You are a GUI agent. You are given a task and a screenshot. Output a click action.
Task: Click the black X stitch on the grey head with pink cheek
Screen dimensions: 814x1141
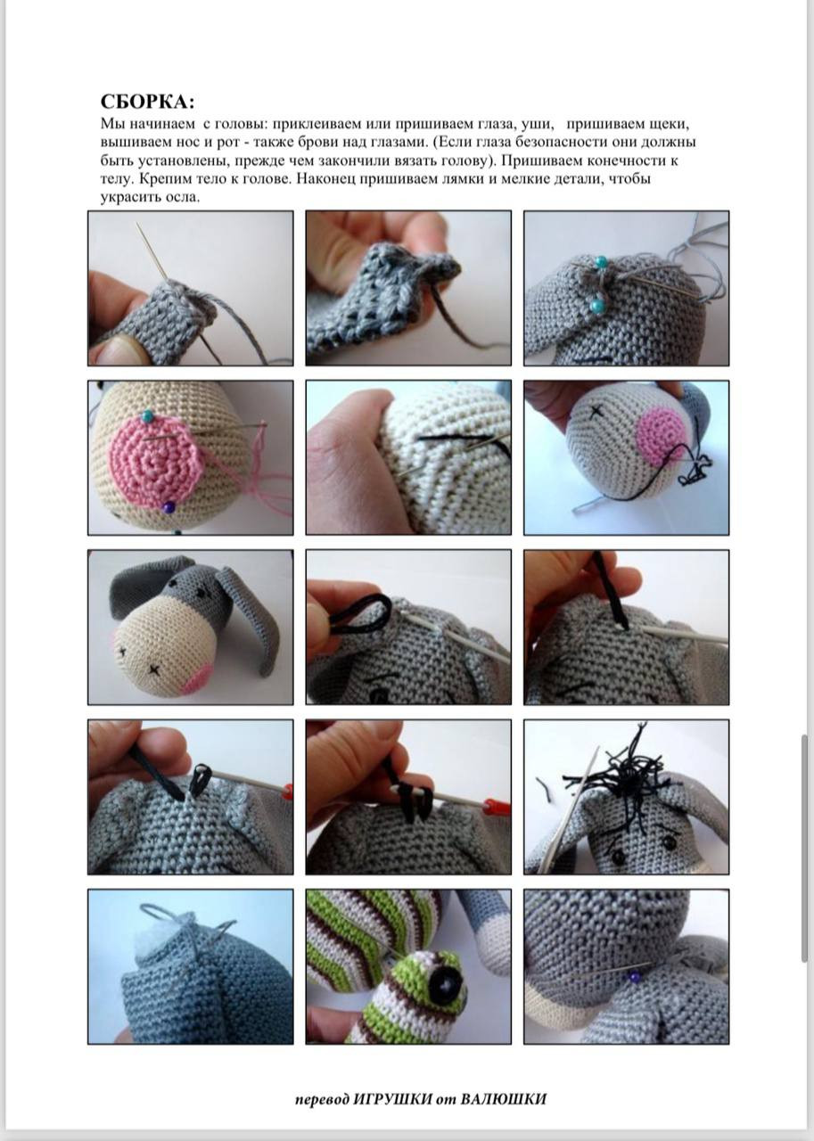595,412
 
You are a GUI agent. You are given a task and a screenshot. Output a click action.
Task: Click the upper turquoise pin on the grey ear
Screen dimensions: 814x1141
601,261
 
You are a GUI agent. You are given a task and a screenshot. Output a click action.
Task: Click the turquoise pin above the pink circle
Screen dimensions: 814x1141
148,416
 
